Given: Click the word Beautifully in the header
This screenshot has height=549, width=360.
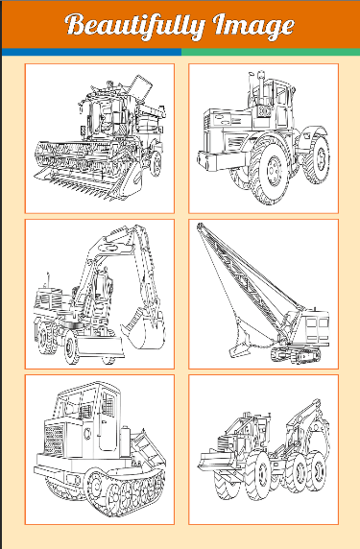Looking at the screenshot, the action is click(x=134, y=25).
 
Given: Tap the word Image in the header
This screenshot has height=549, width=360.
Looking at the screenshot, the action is click(x=253, y=26).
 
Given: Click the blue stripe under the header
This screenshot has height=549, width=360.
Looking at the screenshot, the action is click(x=92, y=52).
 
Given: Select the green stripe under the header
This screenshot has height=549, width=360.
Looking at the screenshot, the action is click(x=271, y=52).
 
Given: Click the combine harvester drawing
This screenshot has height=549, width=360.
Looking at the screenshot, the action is click(x=100, y=137).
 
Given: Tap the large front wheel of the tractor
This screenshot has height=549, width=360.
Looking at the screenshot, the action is click(x=270, y=170).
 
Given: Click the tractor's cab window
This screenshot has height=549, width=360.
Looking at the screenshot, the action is click(x=282, y=94).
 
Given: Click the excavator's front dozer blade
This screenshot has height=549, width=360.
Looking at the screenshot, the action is click(x=100, y=347).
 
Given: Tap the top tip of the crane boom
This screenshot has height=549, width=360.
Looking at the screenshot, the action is click(x=200, y=226).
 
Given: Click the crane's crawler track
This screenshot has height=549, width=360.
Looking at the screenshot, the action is click(x=296, y=355).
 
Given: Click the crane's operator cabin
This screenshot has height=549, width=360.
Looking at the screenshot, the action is click(x=315, y=326).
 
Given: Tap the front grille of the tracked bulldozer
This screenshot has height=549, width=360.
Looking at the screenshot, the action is click(x=54, y=439).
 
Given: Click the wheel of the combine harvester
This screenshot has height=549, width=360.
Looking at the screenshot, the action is click(x=156, y=163).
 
